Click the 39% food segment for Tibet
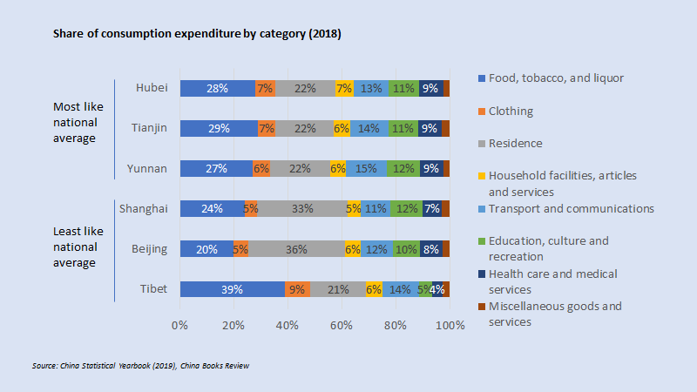pyautogui.click(x=232, y=289)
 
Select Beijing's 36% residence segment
pyautogui.click(x=296, y=249)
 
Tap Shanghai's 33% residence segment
pyautogui.click(x=302, y=209)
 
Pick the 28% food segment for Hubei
pyautogui.click(x=218, y=88)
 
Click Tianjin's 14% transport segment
pyautogui.click(x=369, y=128)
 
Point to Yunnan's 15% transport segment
pyautogui.click(x=366, y=168)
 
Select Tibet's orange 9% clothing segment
pyautogui.click(x=297, y=289)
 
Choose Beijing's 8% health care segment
pyautogui.click(x=430, y=249)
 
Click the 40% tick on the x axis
pyautogui.click(x=288, y=325)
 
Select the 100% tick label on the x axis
pyautogui.click(x=450, y=325)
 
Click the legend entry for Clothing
pyautogui.click(x=510, y=112)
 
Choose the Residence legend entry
pyautogui.click(x=515, y=143)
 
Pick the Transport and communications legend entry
pyautogui.click(x=571, y=208)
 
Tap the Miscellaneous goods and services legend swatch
pyautogui.click(x=483, y=307)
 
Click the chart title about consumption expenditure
pyautogui.click(x=197, y=34)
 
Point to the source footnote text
pyautogui.click(x=140, y=366)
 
